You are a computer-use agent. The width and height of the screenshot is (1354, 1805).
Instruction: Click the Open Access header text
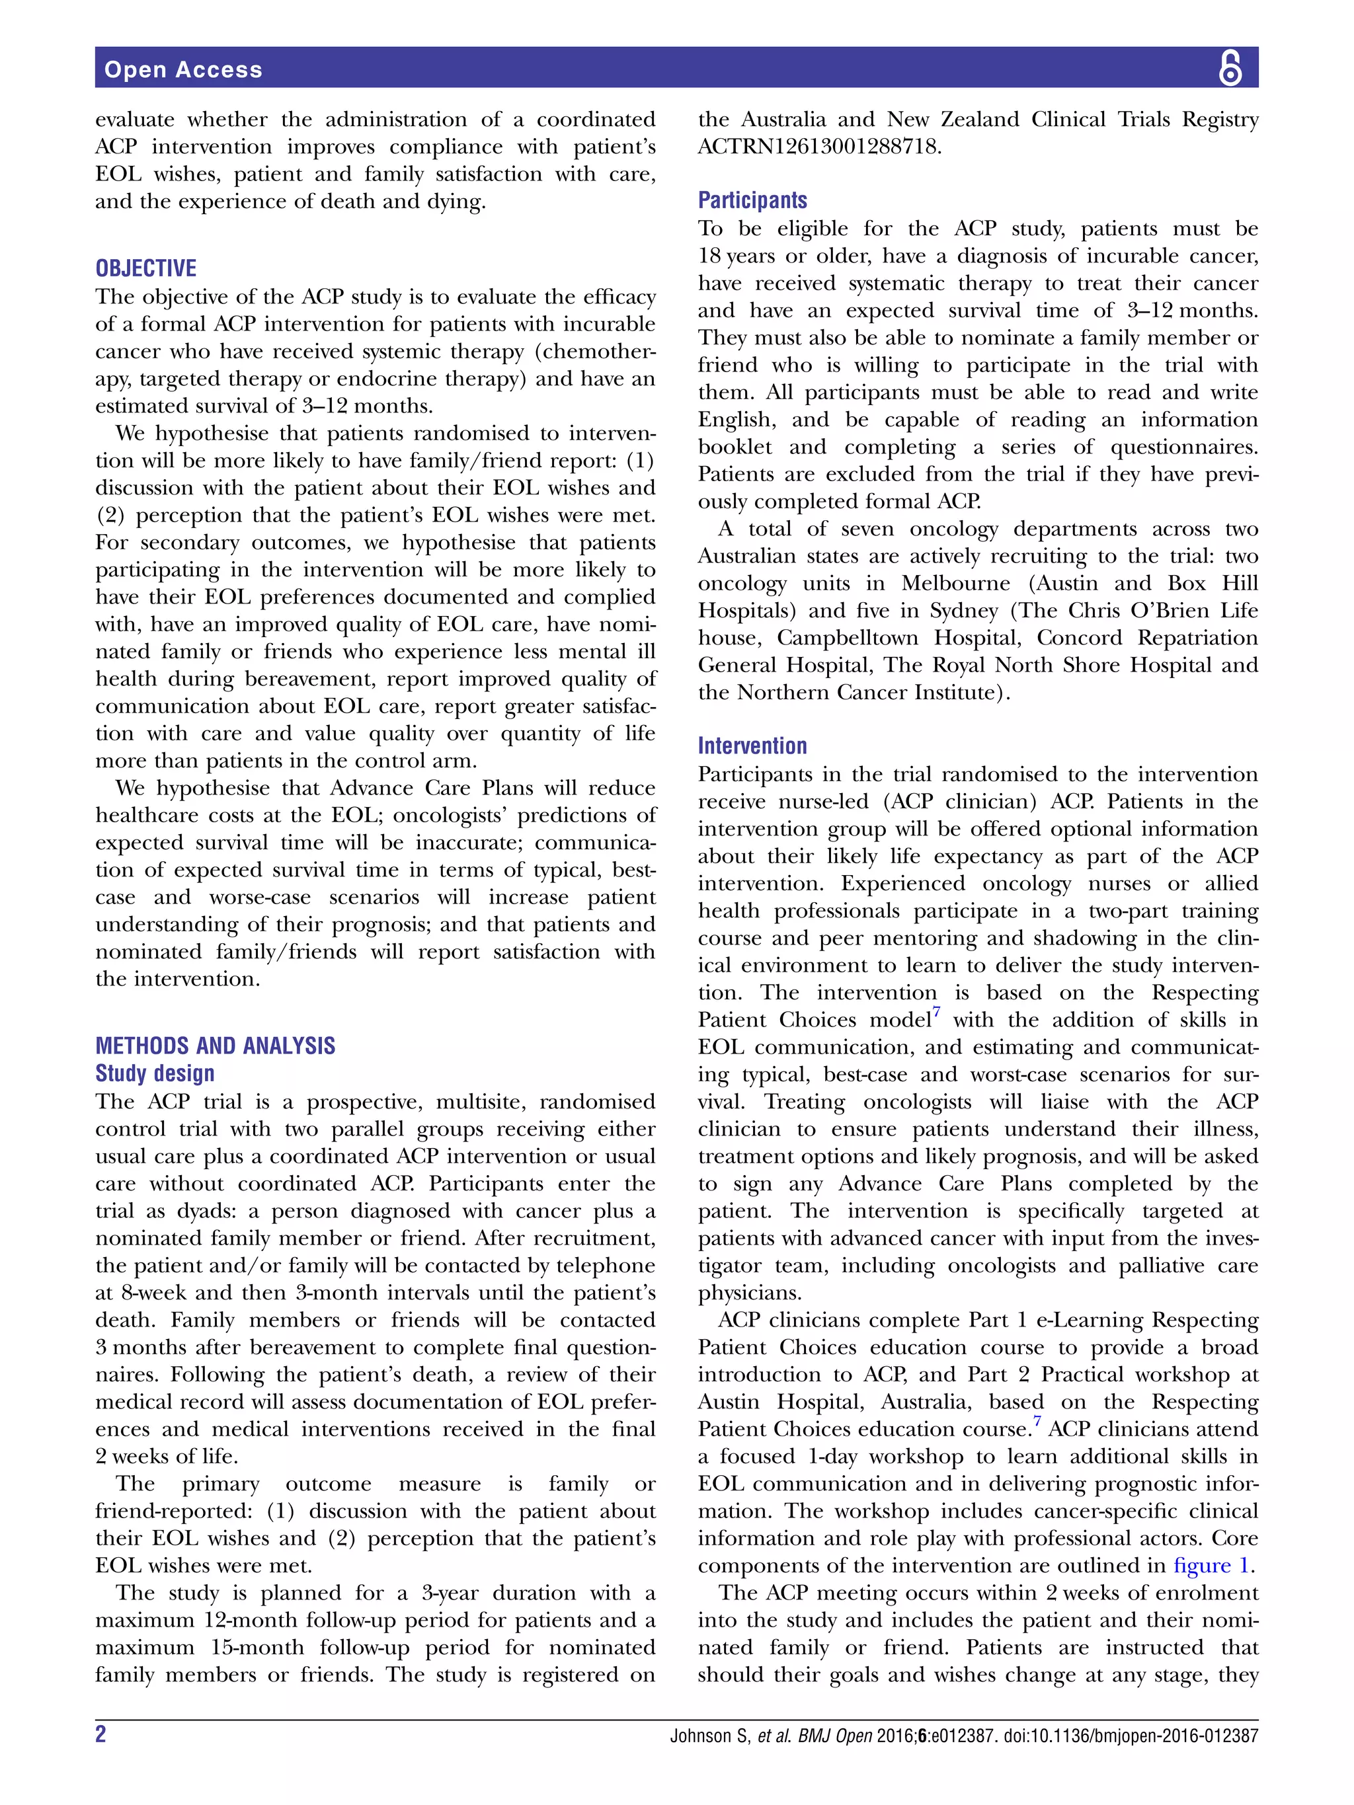[183, 69]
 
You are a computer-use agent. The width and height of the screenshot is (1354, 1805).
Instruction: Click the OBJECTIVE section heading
[146, 268]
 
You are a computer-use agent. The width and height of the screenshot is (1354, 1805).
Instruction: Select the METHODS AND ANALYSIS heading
[215, 1046]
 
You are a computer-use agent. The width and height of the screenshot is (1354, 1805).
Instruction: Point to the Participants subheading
[752, 200]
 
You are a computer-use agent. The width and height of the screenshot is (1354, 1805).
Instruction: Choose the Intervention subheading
[752, 746]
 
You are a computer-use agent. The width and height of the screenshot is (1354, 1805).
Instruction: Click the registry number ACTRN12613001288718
[818, 147]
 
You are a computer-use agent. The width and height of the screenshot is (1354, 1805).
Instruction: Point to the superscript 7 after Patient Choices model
[936, 1013]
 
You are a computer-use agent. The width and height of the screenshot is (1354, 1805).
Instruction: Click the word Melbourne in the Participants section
[956, 584]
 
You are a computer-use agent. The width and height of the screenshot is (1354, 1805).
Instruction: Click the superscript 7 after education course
[1037, 1422]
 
